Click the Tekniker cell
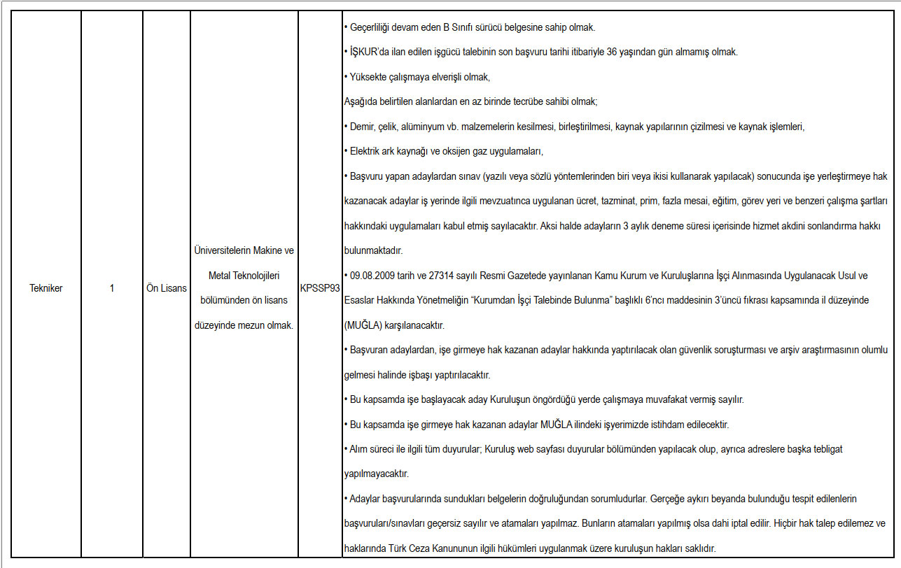46,288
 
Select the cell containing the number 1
112,288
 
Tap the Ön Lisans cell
166,288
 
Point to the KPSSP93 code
319,288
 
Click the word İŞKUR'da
368,52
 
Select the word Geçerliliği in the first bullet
372,28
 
